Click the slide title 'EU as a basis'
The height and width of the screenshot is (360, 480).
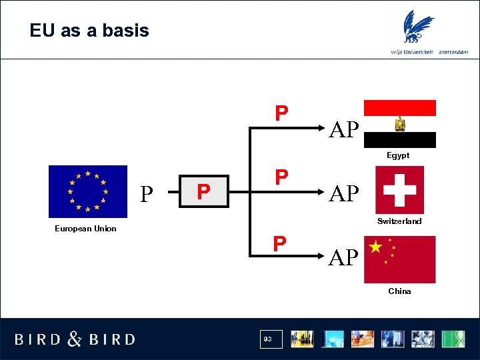89,31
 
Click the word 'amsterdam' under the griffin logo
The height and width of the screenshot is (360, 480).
454,52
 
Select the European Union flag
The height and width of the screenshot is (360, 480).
87,191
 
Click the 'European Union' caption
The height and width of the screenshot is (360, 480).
85,229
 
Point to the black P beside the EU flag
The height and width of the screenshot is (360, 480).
147,193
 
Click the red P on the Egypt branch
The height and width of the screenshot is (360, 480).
282,113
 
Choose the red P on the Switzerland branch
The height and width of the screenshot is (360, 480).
282,177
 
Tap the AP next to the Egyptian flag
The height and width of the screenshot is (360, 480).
344,129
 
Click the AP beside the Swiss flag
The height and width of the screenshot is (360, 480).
344,193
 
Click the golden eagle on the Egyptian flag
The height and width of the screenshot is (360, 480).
400,124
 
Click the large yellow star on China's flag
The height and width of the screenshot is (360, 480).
376,248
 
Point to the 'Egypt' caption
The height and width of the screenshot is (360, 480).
398,155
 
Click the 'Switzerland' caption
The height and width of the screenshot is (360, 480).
399,221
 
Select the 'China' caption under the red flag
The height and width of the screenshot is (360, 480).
399,291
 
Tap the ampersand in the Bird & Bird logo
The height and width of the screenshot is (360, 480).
75,339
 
